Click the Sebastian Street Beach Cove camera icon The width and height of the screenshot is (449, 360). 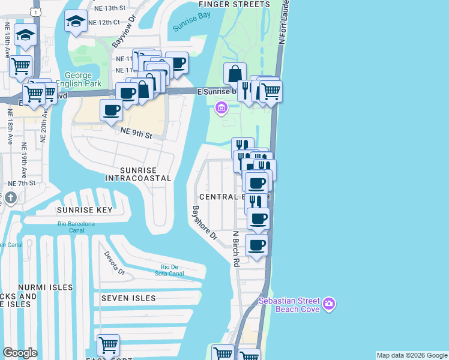tap(328, 304)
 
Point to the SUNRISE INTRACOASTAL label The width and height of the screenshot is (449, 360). tap(138, 174)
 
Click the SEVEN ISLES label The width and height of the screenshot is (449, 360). tap(128, 298)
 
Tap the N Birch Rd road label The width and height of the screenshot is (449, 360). tap(237, 249)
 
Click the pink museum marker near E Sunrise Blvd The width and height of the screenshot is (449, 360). tap(221, 108)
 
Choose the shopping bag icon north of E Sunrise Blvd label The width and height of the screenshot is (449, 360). tap(235, 73)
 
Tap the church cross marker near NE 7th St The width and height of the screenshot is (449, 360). tap(11, 198)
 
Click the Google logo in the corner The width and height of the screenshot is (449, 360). tap(20, 353)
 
